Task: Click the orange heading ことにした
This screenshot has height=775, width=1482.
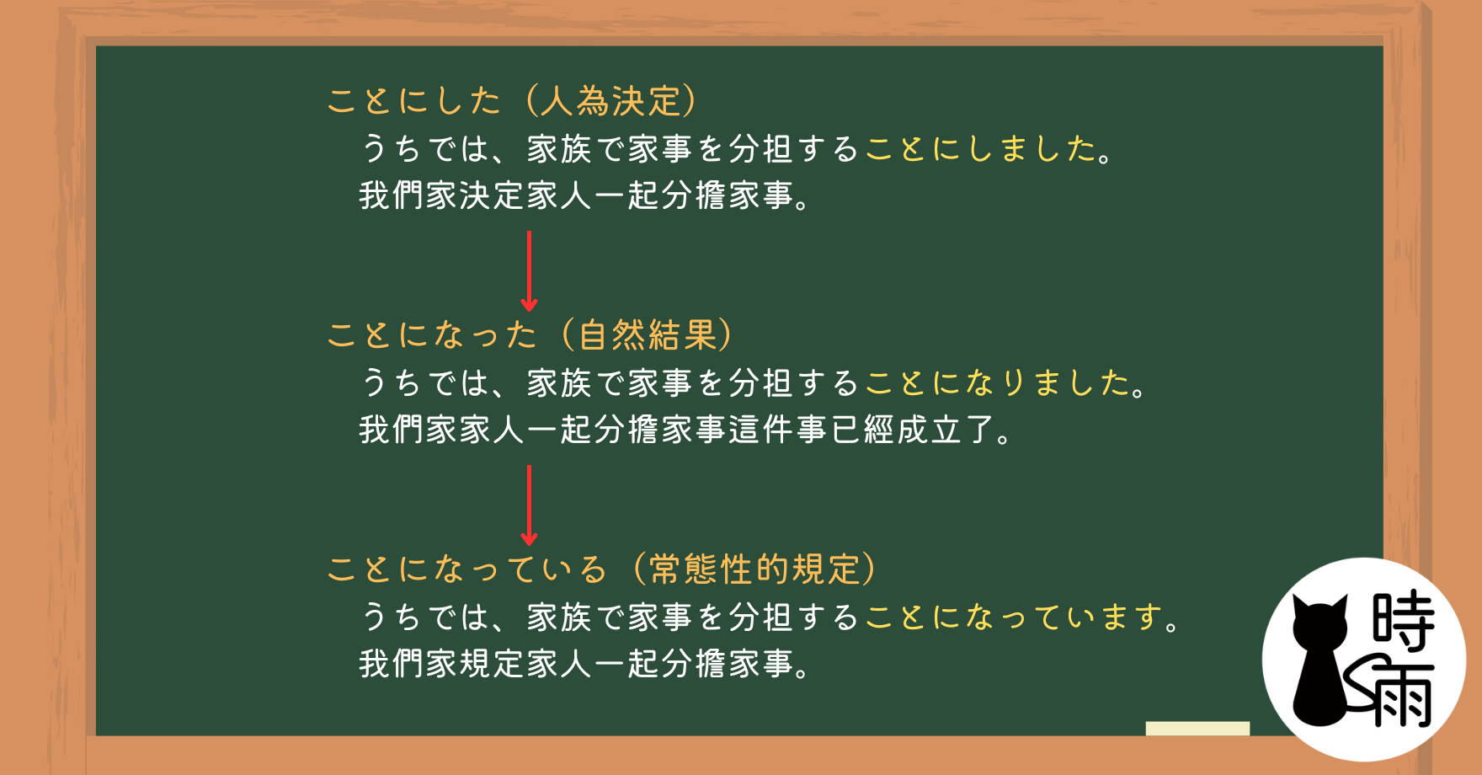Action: [414, 101]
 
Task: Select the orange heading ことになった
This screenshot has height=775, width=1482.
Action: [432, 335]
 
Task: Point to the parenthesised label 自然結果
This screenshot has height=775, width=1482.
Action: [647, 335]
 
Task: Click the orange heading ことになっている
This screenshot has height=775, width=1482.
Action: [466, 569]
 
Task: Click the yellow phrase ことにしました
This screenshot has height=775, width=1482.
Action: [980, 149]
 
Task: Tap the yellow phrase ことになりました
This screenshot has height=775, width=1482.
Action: [998, 383]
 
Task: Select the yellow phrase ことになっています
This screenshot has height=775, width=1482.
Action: [1015, 617]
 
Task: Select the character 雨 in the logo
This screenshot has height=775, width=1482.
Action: [1401, 695]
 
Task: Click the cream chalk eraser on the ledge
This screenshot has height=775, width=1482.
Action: [1197, 729]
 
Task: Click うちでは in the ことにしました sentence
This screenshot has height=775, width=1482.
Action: [425, 149]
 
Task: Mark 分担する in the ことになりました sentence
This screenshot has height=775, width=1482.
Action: [793, 383]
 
